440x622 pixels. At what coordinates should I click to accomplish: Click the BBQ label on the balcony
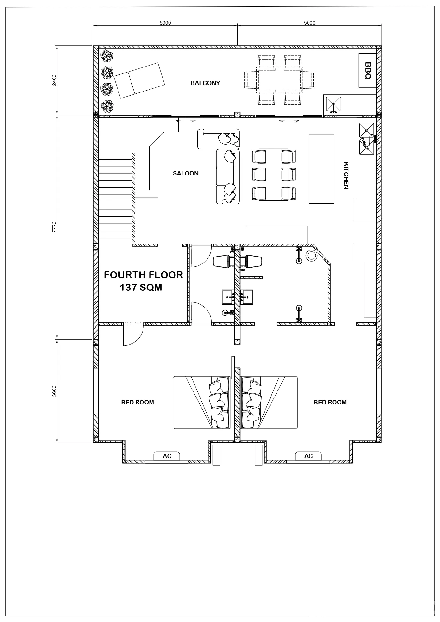[367, 70]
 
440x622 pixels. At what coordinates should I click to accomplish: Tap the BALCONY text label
[205, 83]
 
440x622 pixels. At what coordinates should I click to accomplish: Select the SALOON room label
[186, 173]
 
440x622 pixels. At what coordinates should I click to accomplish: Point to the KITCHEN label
[346, 176]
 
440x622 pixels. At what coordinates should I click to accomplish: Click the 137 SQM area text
[141, 287]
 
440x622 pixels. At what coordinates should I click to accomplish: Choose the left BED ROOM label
[137, 402]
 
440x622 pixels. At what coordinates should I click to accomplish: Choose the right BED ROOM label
[330, 402]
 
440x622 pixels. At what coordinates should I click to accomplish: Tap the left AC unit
[167, 456]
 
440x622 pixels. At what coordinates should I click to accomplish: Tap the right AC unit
[309, 456]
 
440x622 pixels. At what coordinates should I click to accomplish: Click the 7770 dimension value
[54, 227]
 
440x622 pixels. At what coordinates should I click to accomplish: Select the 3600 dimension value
[54, 391]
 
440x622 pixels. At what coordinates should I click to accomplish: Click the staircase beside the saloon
[115, 199]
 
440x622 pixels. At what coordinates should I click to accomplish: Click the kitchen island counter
[321, 168]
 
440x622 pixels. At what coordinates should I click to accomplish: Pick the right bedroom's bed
[269, 403]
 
